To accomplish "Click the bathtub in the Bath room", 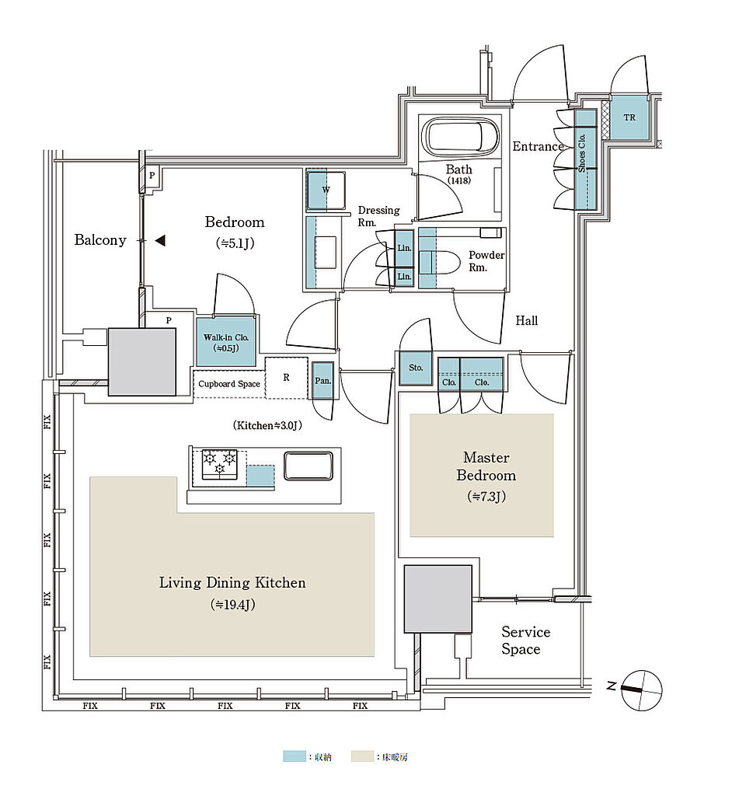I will coord(461,138).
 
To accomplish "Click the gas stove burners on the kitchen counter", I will coord(218,464).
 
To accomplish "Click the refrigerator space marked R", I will coord(286,378).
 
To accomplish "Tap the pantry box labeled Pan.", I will coord(322,380).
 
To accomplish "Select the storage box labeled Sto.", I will coord(416,368).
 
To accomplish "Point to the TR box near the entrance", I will coord(629,118).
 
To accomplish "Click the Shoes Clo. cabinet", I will coord(585,159).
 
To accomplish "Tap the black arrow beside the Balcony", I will coord(160,241).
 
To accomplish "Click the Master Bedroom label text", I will coord(486,466).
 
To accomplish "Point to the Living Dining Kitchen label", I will coord(232,582).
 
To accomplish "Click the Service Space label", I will coord(525,641).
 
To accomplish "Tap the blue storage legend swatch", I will coord(294,756).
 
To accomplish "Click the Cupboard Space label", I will coord(228,384).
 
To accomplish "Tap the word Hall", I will coord(526,320).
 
